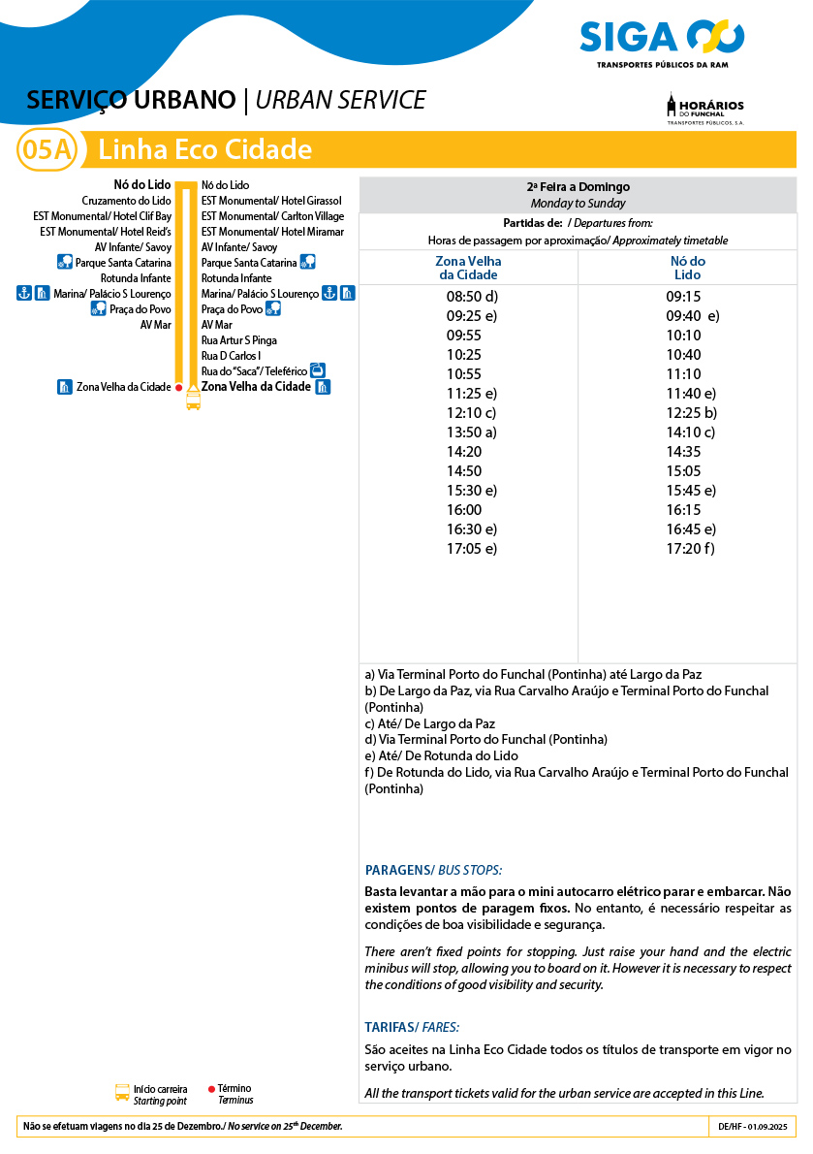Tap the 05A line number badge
(x=47, y=150)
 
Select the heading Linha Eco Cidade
(x=205, y=150)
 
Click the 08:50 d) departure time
(x=471, y=297)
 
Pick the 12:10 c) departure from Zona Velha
(x=471, y=413)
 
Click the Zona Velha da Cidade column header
(x=468, y=268)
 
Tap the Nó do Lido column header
(x=688, y=268)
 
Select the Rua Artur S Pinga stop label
(x=238, y=340)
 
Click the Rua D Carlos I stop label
(x=231, y=356)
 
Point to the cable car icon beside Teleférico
(x=317, y=370)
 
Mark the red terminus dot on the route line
(x=179, y=387)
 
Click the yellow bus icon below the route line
(x=193, y=400)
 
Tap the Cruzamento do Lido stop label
(x=126, y=201)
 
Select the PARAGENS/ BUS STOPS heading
(x=433, y=870)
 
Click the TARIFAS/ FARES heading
(x=412, y=1027)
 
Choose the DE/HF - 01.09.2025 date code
(x=753, y=1127)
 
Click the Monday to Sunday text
(x=578, y=204)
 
